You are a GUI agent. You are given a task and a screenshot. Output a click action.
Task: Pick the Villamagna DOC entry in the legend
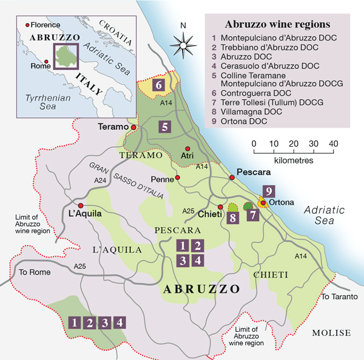pos(249,112)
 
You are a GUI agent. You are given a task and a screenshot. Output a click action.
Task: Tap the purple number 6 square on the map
pos(158,85)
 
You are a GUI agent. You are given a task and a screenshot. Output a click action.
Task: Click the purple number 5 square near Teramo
pos(164,127)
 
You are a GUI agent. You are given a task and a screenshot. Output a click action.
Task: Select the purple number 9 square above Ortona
pos(269,190)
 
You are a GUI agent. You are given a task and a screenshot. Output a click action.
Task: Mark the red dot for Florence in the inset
pos(26,25)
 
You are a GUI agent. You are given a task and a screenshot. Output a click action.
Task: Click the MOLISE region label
pos(331,333)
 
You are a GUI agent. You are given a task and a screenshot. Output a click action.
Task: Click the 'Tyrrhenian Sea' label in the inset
pos(39,101)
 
